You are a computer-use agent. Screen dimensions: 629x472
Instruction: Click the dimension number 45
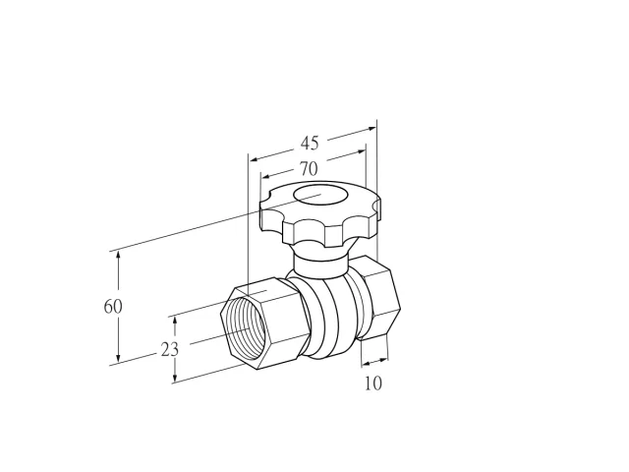310,143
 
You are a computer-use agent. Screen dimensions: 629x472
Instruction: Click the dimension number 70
309,169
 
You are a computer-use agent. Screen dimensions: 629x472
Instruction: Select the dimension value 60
113,307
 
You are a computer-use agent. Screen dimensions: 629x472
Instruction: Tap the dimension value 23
169,350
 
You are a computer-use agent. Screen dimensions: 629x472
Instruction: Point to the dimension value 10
373,383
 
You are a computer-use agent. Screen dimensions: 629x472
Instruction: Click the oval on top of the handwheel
319,195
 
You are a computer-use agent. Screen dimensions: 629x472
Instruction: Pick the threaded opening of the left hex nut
243,327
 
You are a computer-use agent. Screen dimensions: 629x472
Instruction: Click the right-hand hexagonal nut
379,297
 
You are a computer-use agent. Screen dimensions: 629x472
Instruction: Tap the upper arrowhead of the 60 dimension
118,257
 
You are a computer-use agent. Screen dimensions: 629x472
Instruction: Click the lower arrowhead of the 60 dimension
118,356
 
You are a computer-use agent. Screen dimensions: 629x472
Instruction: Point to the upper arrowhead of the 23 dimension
175,322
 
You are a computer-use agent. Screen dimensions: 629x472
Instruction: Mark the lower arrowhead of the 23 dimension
175,378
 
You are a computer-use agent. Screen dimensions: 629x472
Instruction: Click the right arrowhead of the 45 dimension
372,129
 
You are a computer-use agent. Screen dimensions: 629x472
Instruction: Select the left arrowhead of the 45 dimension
255,159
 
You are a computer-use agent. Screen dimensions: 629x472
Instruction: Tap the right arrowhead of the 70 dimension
361,151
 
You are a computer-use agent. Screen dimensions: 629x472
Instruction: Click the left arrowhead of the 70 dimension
266,176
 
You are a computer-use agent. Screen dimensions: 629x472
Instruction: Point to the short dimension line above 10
374,362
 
